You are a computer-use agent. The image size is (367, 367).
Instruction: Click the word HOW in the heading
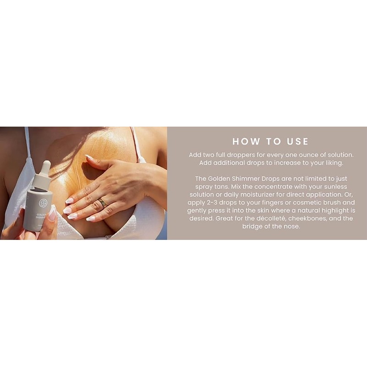(246, 141)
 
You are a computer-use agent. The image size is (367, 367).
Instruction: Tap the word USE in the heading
(298, 141)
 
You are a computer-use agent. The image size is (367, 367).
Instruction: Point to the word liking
(334, 163)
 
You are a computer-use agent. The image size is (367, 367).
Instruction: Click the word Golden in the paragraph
(219, 179)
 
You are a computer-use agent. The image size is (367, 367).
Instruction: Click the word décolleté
(271, 219)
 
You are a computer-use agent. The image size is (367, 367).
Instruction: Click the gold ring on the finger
(102, 203)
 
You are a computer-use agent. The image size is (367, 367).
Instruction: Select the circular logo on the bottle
(43, 203)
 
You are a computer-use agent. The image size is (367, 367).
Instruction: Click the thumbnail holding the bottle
(52, 214)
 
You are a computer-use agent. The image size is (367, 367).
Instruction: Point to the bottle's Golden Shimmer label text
(41, 216)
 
